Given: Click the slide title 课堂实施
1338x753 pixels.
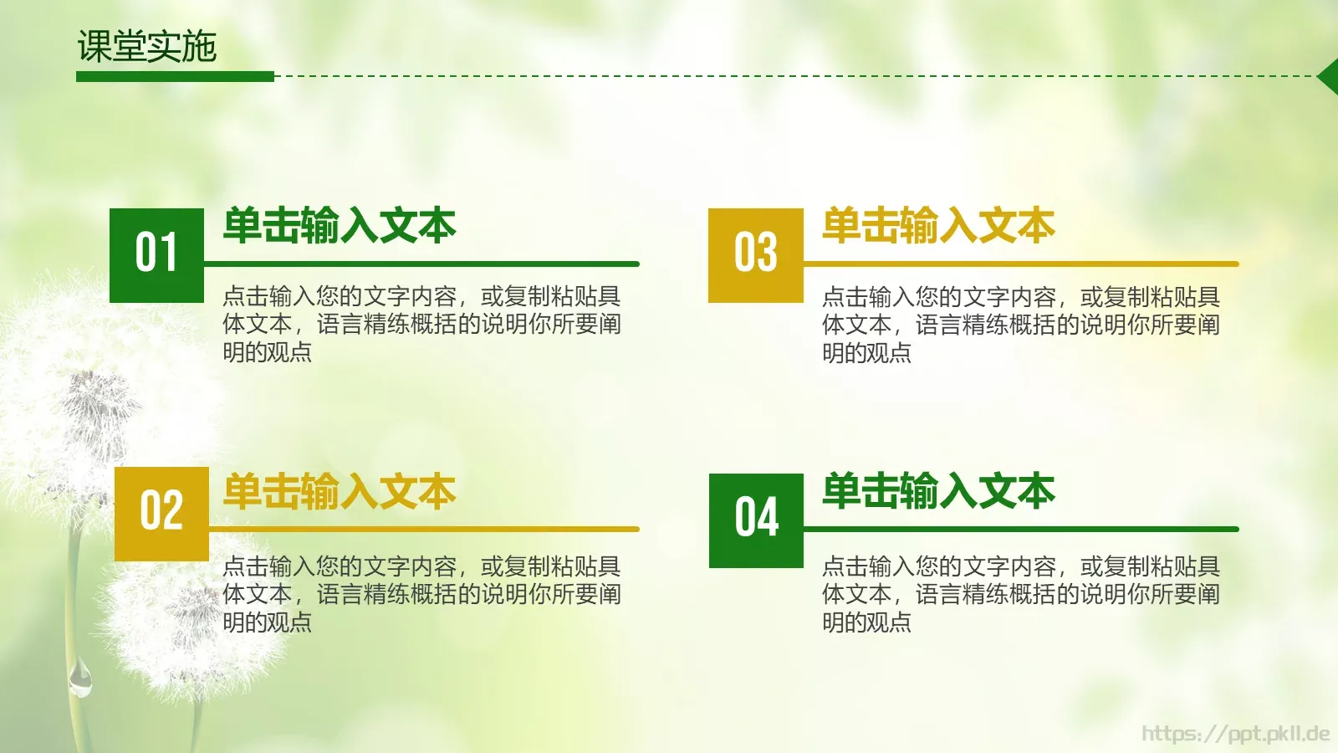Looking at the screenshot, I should click(147, 46).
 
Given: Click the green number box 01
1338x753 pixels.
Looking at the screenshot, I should click(156, 255).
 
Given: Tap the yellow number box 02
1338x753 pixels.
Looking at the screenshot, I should click(161, 513).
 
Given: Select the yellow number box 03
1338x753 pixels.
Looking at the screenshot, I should click(756, 255).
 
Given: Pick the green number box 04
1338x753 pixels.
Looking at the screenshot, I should click(756, 520).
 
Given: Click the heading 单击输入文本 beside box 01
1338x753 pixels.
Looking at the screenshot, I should click(340, 226).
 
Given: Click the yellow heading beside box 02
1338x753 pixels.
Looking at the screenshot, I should click(340, 491).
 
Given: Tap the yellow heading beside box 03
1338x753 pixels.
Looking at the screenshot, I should click(938, 226).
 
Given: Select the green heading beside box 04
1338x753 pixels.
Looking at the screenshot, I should click(938, 491).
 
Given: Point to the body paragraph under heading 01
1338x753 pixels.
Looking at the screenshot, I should click(421, 324).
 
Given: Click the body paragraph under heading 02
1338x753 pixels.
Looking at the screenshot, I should click(421, 594).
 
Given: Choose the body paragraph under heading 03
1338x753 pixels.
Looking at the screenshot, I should click(1020, 325).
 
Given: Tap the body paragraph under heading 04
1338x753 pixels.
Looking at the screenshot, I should click(1020, 594).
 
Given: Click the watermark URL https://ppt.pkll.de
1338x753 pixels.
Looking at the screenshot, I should click(1235, 734).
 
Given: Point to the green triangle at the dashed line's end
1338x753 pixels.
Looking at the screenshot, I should click(1330, 77).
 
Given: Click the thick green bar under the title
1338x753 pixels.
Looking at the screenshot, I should click(175, 76).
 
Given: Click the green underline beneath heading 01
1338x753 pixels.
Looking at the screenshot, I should click(421, 264).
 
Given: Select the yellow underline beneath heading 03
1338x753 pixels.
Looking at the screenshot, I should click(1020, 264).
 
